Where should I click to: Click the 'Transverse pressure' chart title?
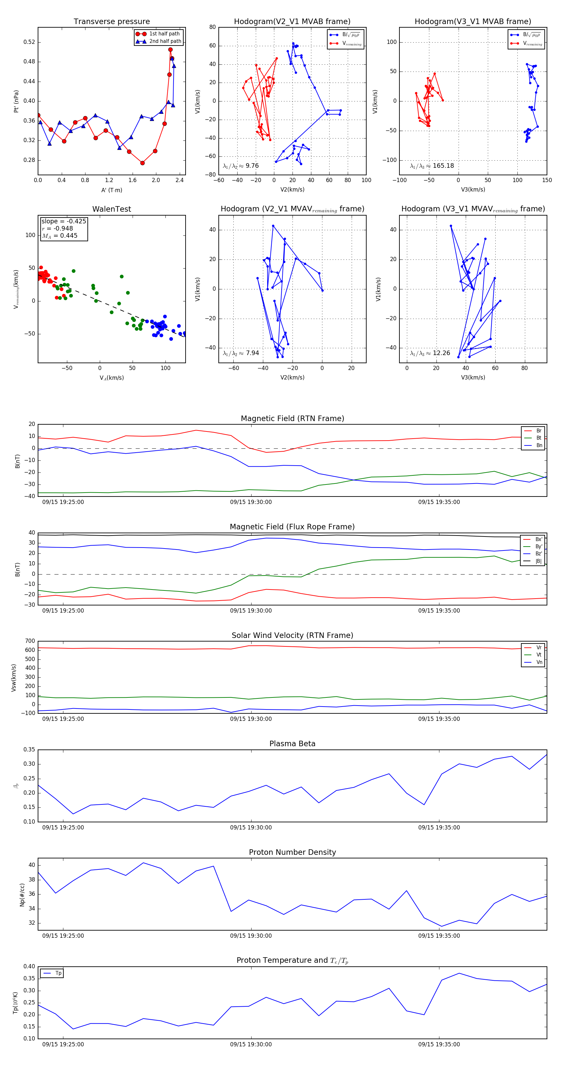[x=111, y=22]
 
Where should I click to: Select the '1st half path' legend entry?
[x=164, y=34]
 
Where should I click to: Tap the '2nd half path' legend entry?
[x=165, y=41]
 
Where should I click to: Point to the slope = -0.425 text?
[x=64, y=221]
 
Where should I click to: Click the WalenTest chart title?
[x=111, y=209]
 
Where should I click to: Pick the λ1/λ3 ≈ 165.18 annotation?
[x=432, y=166]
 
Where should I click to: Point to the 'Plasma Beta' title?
[x=292, y=744]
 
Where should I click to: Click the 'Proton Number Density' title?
[x=292, y=852]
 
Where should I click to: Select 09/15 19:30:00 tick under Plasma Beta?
[x=251, y=827]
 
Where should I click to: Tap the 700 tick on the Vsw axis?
[x=30, y=641]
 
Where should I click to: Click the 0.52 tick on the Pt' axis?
[x=29, y=42]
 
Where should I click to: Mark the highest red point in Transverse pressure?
[x=170, y=49]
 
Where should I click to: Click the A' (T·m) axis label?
[x=111, y=190]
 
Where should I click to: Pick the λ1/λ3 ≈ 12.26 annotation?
[x=430, y=353]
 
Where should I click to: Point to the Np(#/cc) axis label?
[x=22, y=895]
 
